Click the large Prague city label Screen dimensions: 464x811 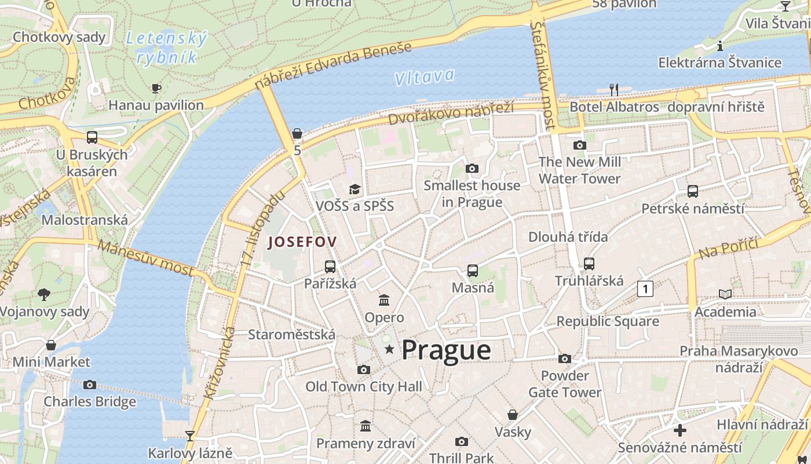(x=446, y=350)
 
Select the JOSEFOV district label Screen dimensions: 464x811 (x=302, y=242)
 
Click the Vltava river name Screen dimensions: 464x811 (x=424, y=77)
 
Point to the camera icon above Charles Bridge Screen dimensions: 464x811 (x=90, y=385)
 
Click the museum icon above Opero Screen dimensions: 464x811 (x=384, y=300)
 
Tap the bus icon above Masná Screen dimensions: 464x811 (x=473, y=271)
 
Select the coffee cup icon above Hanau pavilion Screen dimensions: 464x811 (x=156, y=88)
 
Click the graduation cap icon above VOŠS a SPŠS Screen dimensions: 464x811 (x=355, y=189)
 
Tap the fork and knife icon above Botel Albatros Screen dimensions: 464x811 (x=614, y=89)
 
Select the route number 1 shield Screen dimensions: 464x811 (x=645, y=288)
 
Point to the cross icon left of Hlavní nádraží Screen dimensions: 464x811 (x=680, y=430)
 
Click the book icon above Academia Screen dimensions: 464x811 (x=725, y=294)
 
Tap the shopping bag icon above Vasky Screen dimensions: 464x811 (x=513, y=415)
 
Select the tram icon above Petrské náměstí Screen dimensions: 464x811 (x=692, y=191)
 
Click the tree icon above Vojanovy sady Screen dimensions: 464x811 (x=44, y=295)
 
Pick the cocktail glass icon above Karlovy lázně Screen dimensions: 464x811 (x=189, y=436)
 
